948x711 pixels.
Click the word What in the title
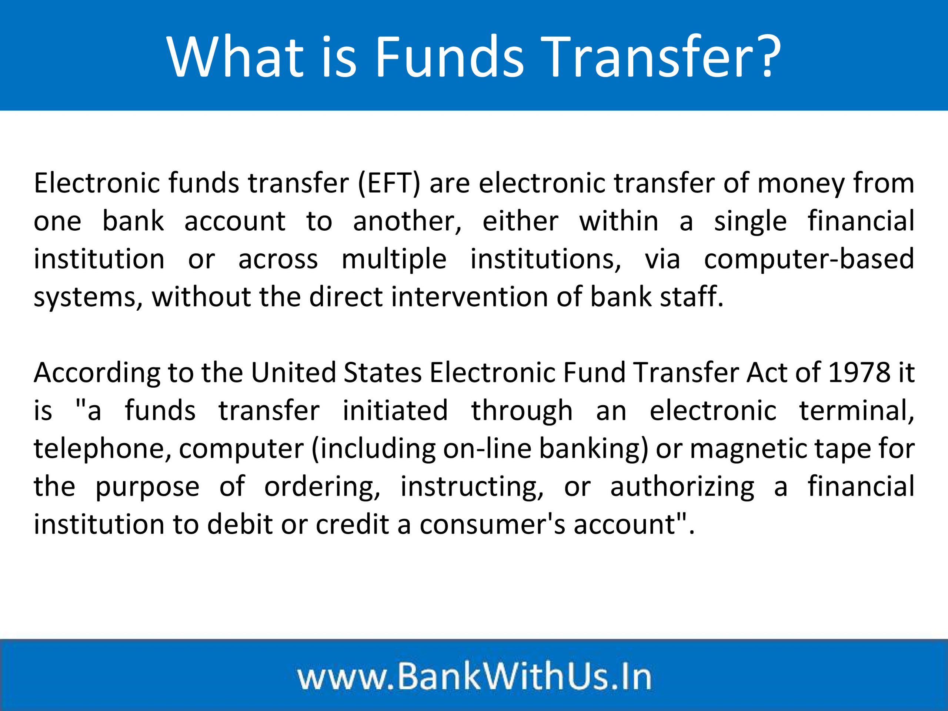(235, 57)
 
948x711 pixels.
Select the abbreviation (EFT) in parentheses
(389, 183)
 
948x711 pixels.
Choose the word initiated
(395, 410)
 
